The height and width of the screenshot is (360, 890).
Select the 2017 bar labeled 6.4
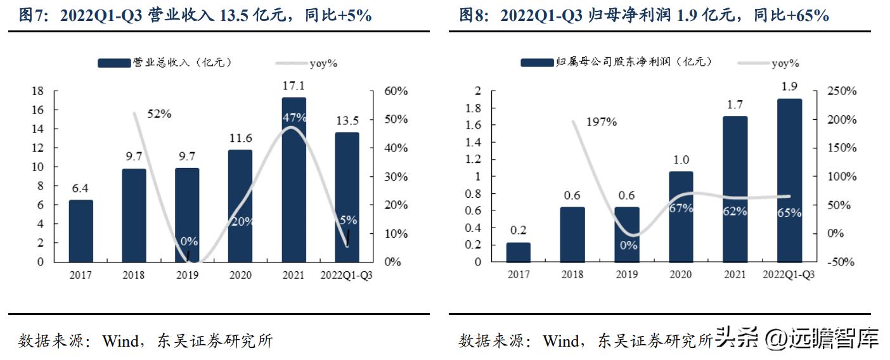(x=81, y=231)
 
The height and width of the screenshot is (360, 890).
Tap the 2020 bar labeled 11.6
(x=240, y=205)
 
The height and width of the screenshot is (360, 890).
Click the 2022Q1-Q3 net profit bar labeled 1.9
(x=790, y=180)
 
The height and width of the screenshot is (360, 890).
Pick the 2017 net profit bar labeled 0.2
(x=519, y=252)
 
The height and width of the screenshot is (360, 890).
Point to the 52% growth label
(x=159, y=114)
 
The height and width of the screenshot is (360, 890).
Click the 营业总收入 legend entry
(x=165, y=62)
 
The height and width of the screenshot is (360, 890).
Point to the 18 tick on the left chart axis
(x=38, y=91)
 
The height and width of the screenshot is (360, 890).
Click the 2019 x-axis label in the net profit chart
(x=626, y=274)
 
